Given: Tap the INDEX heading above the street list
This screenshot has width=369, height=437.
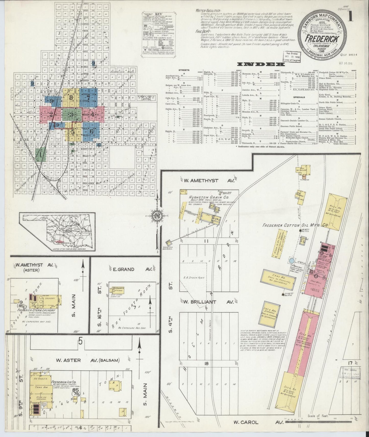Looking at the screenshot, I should click(x=260, y=64).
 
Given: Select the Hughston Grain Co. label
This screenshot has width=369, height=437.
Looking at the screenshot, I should click(x=202, y=197).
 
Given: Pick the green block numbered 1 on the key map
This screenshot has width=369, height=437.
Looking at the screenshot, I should click(x=40, y=154).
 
